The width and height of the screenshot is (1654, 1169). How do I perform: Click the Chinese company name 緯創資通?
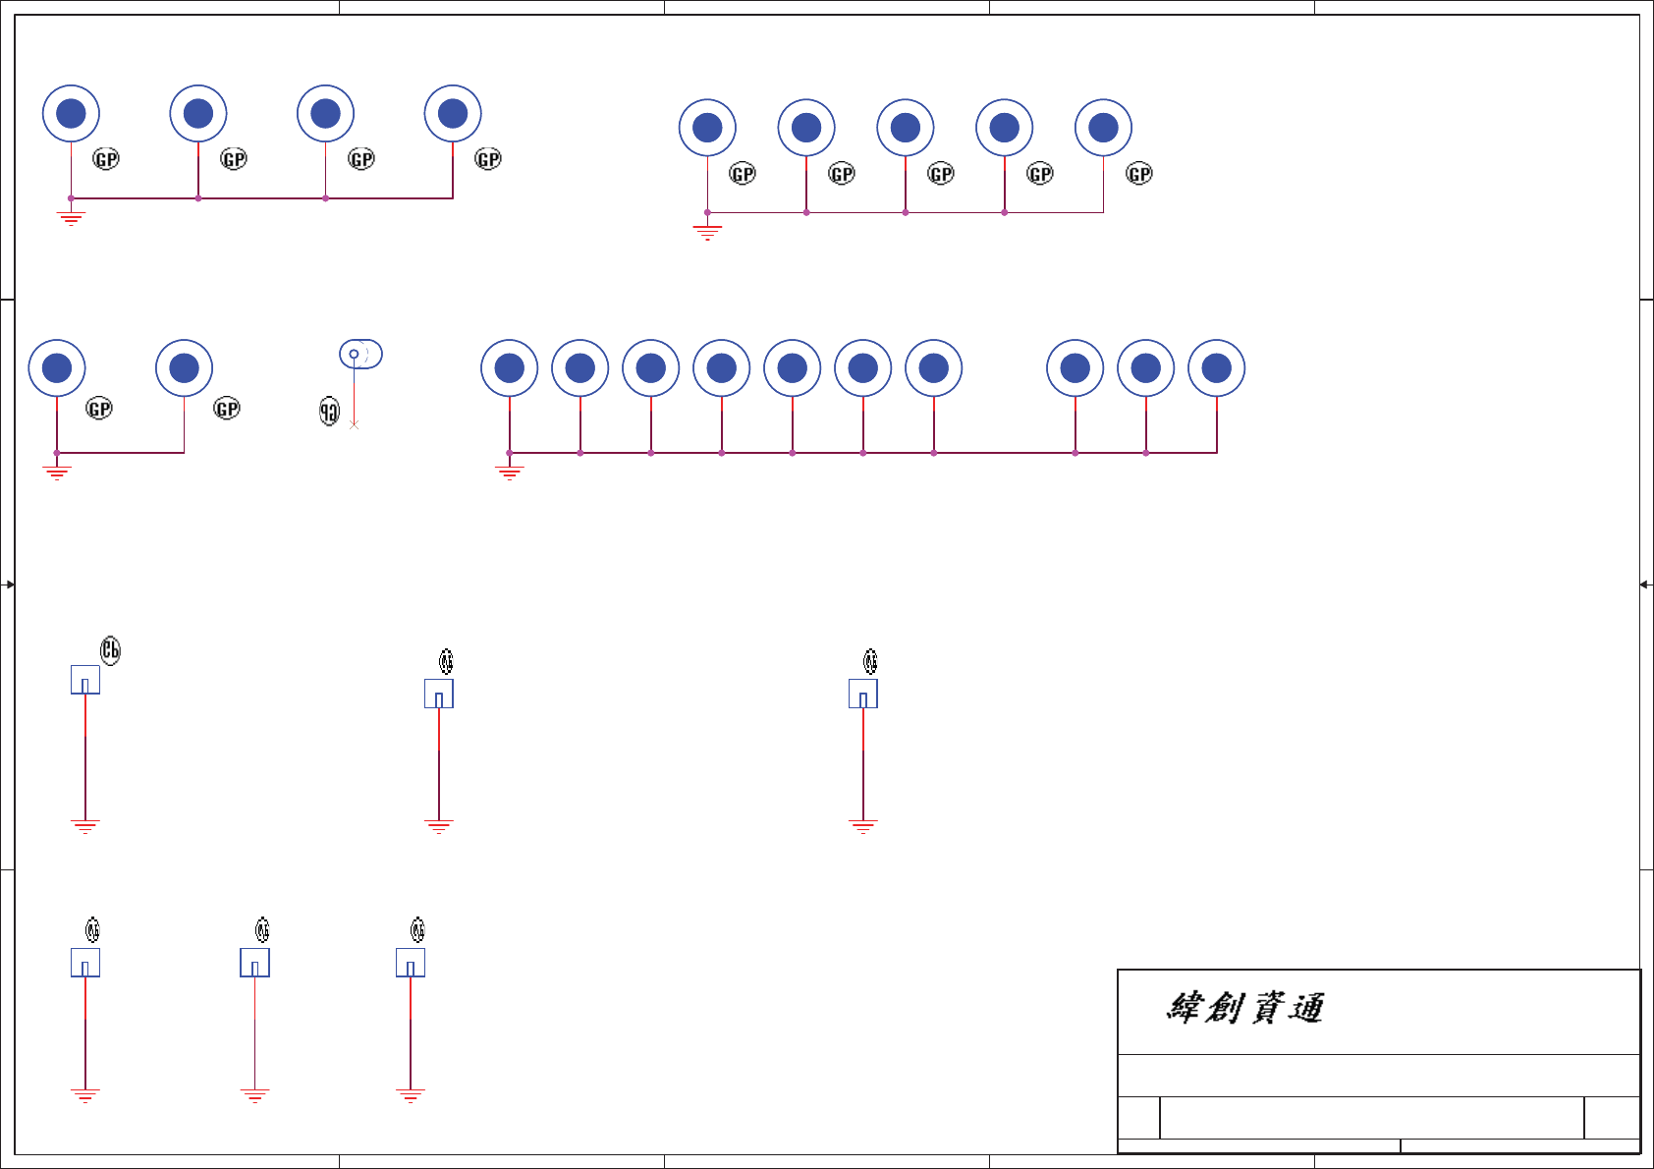1244,1008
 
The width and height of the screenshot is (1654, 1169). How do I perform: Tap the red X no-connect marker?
355,424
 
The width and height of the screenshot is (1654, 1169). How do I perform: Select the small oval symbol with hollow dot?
360,354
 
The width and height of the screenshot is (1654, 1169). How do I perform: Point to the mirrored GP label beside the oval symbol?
329,412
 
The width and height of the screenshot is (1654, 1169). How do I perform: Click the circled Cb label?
110,650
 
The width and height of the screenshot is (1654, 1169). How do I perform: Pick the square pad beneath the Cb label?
85,680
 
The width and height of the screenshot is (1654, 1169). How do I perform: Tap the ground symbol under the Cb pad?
85,826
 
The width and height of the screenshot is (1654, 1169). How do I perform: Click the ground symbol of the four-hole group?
71,217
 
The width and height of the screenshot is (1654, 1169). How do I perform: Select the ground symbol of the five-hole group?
707,232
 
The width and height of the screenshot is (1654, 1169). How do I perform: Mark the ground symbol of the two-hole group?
57,473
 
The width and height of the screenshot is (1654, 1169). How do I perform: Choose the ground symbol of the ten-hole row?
509,473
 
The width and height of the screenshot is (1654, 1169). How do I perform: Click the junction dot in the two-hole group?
57,453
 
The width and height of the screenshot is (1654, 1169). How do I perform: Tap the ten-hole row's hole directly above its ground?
509,368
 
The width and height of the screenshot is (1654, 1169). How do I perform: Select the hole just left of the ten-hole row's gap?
933,368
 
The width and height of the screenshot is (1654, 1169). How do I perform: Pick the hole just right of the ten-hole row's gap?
1075,368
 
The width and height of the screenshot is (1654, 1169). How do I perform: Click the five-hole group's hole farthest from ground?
1103,128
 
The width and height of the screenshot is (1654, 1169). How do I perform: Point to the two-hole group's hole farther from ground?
184,368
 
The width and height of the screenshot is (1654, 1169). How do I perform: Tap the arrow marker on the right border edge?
1645,584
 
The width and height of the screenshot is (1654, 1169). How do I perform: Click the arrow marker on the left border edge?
9,584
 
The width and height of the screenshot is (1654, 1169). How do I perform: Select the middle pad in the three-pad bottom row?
254,963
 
